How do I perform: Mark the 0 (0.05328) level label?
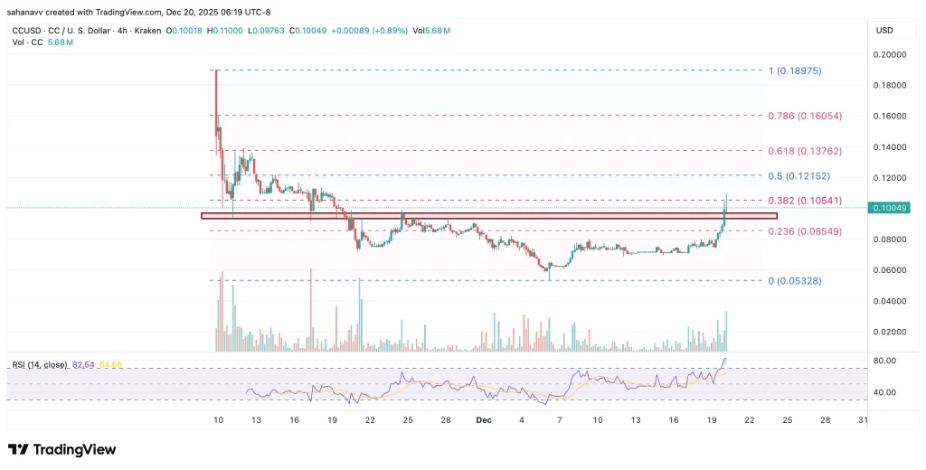(x=795, y=281)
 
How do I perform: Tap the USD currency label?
(x=884, y=31)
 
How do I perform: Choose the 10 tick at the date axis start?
(x=217, y=420)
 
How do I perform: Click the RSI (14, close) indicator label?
(x=39, y=364)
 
